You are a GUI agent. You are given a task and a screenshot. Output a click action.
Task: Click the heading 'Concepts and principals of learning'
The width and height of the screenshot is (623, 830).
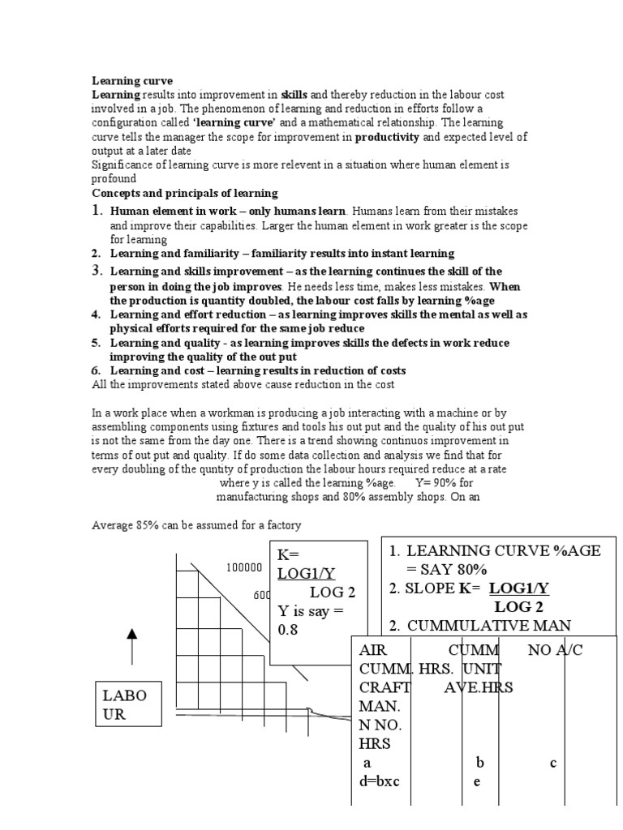point(184,194)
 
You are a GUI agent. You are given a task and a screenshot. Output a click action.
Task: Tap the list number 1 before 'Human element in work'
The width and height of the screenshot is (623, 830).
point(97,211)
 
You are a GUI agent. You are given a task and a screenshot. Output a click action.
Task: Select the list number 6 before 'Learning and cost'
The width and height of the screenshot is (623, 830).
point(96,370)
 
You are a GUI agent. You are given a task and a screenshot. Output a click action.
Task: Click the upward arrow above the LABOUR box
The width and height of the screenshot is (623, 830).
point(131,646)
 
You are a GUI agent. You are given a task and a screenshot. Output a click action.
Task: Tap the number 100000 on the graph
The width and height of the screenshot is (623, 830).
point(243,568)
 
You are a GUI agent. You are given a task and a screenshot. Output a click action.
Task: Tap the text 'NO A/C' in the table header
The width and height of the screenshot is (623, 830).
point(555,650)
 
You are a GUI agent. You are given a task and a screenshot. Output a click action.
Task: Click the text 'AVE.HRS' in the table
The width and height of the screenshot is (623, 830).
point(479,687)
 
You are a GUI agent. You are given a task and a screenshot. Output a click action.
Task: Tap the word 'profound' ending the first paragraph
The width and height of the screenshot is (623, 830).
point(114,178)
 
